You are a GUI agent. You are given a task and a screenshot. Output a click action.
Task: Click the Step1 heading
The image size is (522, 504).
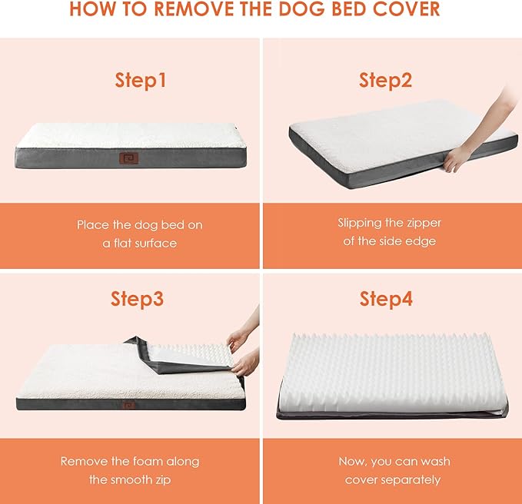point(140,81)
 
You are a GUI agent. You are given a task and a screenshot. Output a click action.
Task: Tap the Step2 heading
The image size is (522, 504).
point(385,81)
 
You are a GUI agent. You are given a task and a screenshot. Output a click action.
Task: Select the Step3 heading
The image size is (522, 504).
point(137,299)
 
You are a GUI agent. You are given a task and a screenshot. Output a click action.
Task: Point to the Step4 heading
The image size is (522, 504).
point(386,299)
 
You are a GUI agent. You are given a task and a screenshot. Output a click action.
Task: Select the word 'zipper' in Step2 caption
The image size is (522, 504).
point(421,223)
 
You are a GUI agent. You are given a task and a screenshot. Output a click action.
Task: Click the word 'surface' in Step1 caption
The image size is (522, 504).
point(156,243)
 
